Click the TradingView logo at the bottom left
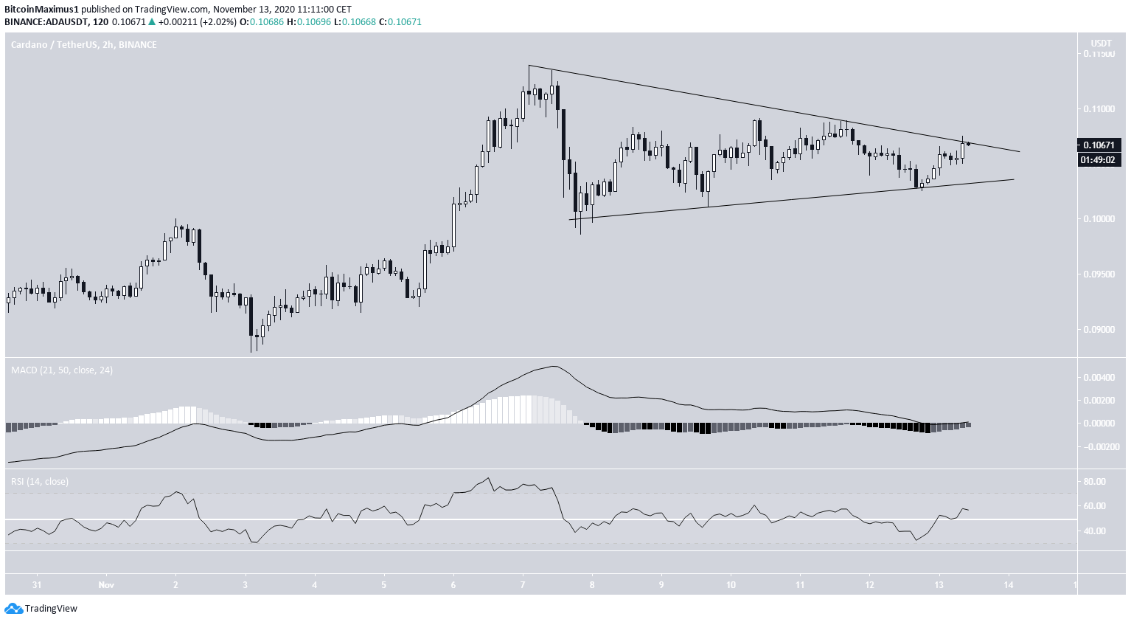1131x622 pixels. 41,609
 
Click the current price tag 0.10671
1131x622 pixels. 1099,145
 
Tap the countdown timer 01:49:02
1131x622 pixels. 1099,159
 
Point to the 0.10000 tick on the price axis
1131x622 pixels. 1099,219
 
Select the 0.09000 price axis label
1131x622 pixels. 1099,330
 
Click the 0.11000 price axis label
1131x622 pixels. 1099,109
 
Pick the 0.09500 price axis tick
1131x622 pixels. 1099,274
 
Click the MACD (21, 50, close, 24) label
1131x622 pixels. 62,370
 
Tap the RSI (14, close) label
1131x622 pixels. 40,481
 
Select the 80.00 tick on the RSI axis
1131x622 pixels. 1095,482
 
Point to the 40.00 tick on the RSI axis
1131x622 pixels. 1095,531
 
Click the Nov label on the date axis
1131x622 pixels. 105,585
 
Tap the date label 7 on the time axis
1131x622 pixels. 523,585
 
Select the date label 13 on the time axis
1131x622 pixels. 939,585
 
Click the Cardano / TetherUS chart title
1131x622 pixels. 83,45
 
